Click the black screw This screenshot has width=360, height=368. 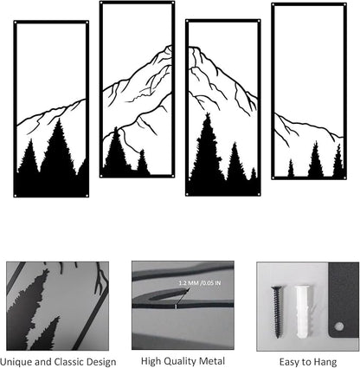pos(277,312)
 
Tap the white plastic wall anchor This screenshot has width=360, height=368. pos(303,311)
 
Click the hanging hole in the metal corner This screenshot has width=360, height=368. pos(340,326)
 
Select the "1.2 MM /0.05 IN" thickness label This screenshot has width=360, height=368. pos(200,283)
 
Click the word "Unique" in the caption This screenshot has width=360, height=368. pos(14,362)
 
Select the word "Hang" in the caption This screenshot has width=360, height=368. pos(325,362)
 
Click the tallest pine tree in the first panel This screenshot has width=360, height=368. pos(59,147)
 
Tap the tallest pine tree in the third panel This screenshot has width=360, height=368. pos(207,147)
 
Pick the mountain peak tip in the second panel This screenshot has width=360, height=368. pos(169,47)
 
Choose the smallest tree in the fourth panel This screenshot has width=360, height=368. pos(291,168)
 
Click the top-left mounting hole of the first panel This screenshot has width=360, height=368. pos(16,23)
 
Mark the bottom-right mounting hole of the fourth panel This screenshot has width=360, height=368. pos(344,178)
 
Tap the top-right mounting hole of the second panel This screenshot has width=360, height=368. pos(172,3)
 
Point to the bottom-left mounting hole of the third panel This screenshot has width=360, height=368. pos(187,194)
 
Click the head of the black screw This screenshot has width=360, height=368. pos(277,287)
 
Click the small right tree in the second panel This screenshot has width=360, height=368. pos(143,162)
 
